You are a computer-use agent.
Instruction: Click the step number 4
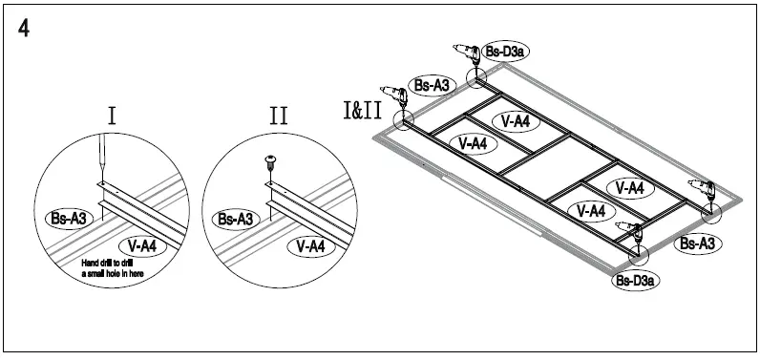[x=24, y=29]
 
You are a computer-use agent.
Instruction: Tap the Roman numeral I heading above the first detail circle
[x=112, y=116]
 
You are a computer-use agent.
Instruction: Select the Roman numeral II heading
[x=278, y=116]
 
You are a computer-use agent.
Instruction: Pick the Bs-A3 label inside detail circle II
[x=236, y=219]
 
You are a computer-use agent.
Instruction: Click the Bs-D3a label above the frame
[x=504, y=52]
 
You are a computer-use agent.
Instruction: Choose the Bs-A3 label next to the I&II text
[x=432, y=86]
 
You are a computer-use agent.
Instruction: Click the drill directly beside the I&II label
[x=392, y=94]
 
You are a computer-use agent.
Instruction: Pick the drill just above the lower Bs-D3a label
[x=630, y=234]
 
